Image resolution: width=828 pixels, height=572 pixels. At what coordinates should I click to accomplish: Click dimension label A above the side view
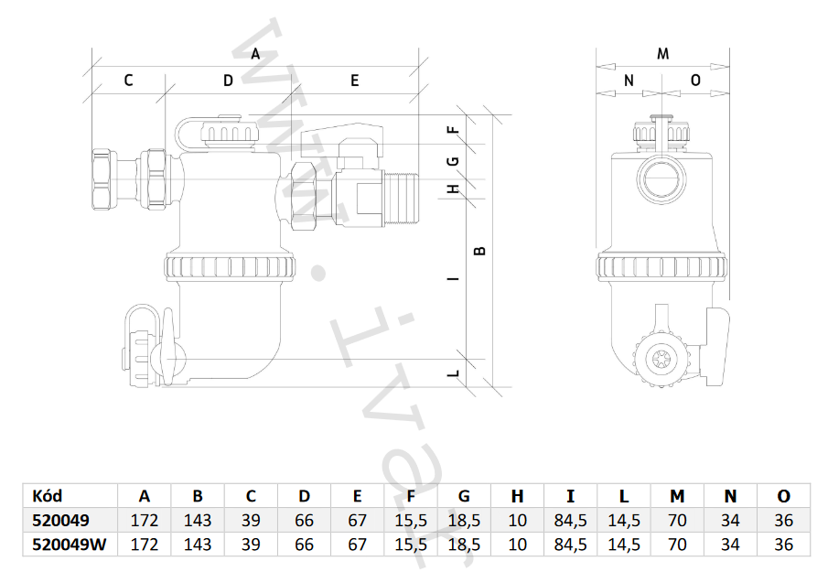pyautogui.click(x=256, y=53)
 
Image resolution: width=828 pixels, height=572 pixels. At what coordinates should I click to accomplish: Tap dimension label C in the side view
pyautogui.click(x=128, y=81)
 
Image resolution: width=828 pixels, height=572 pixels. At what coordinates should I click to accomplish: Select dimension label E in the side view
pyautogui.click(x=354, y=81)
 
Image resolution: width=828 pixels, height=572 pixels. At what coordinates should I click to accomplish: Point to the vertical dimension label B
pyautogui.click(x=481, y=249)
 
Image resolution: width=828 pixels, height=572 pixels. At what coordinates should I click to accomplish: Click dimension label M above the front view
pyautogui.click(x=663, y=53)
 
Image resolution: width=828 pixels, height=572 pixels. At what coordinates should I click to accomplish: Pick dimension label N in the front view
pyautogui.click(x=629, y=81)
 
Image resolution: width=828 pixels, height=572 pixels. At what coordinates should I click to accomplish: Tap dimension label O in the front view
pyautogui.click(x=695, y=81)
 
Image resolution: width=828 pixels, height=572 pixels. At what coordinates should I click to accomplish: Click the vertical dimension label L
pyautogui.click(x=453, y=373)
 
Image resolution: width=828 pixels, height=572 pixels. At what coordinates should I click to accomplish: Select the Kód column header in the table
pyautogui.click(x=47, y=496)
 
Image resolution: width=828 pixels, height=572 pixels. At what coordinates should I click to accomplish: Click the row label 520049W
pyautogui.click(x=70, y=545)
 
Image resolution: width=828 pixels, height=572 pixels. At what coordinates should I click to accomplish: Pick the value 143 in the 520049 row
pyautogui.click(x=198, y=521)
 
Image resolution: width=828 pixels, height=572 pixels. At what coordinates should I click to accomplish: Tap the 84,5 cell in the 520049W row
pyautogui.click(x=570, y=545)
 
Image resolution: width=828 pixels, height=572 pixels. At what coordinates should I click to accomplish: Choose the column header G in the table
pyautogui.click(x=464, y=496)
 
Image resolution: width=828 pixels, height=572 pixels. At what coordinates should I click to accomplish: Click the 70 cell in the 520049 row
pyautogui.click(x=677, y=521)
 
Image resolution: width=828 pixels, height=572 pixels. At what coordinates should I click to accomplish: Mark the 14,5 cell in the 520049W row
pyautogui.click(x=623, y=545)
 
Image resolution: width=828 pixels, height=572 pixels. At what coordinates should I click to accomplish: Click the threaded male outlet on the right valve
pyautogui.click(x=402, y=195)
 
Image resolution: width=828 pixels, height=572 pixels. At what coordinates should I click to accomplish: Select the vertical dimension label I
pyautogui.click(x=453, y=278)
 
